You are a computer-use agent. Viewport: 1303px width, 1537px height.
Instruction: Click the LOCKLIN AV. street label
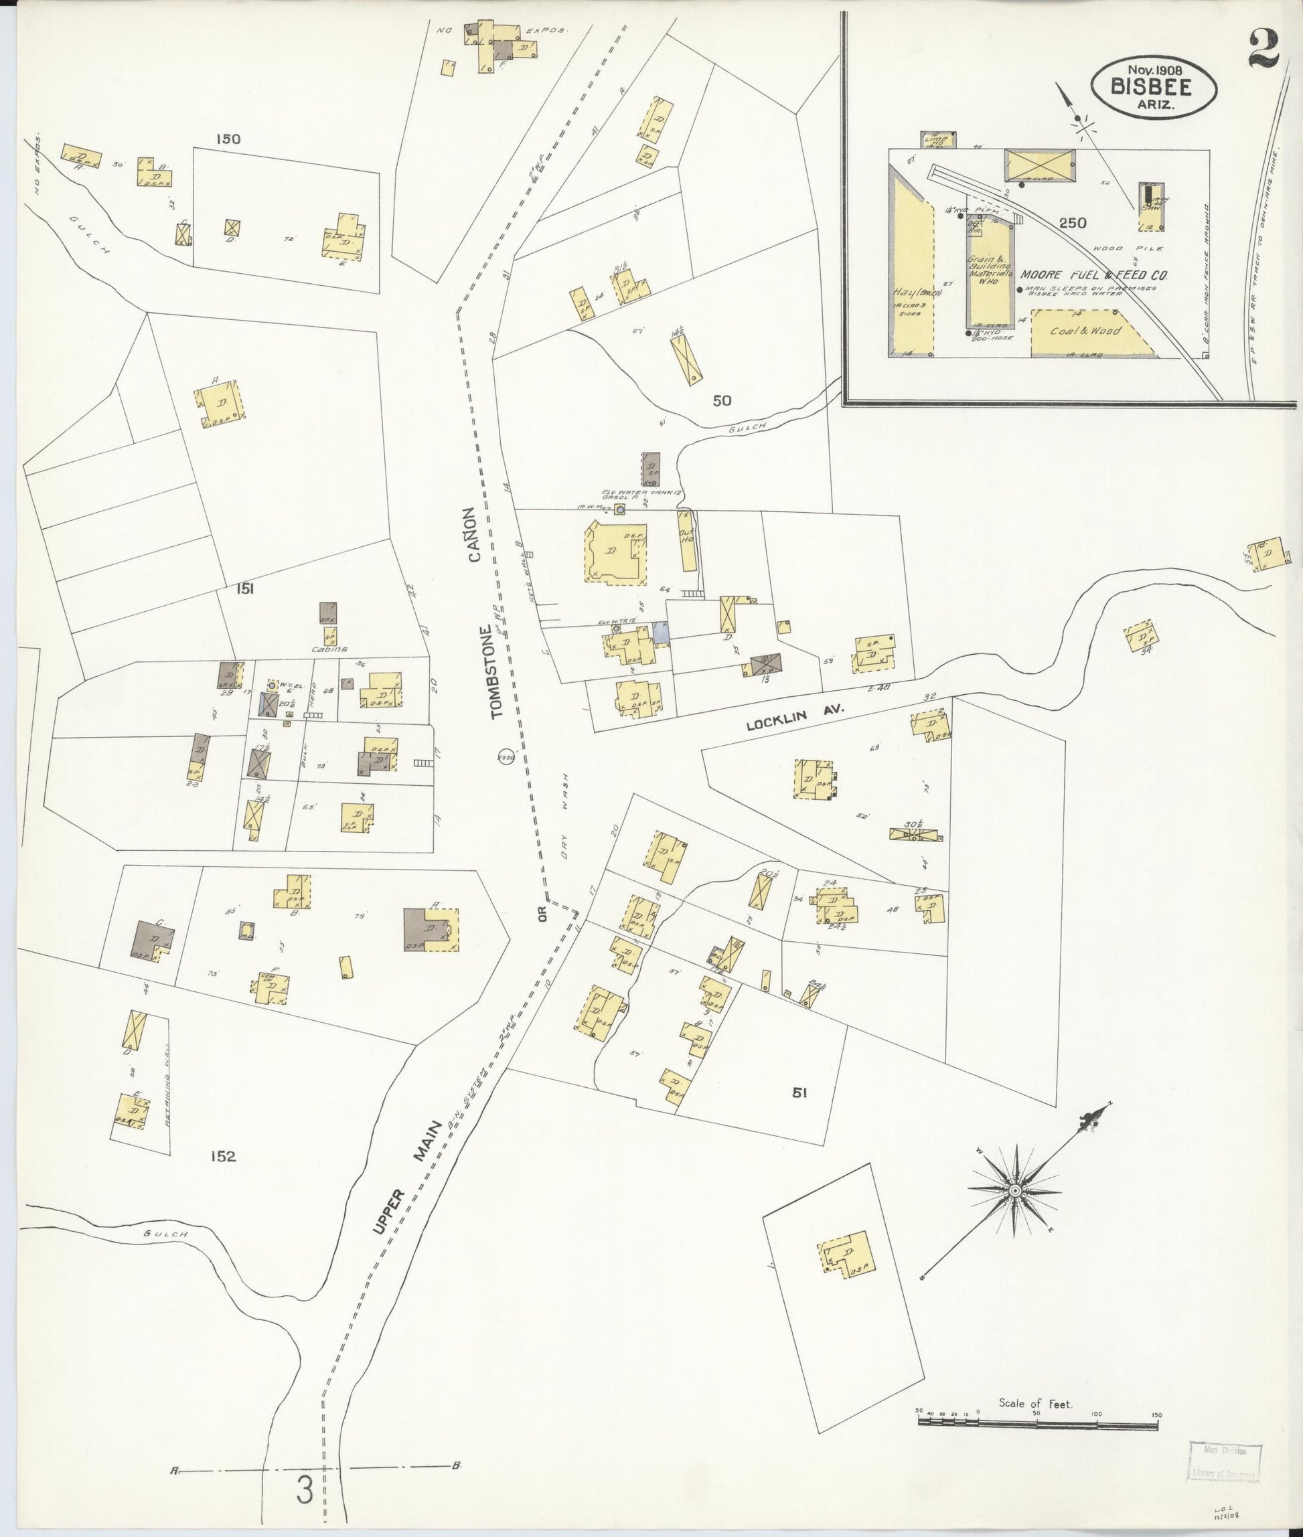(795, 716)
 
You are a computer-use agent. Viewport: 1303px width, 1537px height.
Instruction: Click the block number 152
(222, 1156)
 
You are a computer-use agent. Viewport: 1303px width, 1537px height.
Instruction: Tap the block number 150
(228, 138)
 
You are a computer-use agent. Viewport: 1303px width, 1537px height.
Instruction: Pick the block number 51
(799, 1093)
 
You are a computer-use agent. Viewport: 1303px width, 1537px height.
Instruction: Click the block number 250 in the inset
(1072, 222)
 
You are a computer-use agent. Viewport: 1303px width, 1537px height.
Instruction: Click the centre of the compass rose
(1015, 1191)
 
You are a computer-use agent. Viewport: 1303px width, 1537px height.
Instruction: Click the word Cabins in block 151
(329, 649)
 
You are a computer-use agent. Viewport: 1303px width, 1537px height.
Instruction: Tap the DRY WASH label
(565, 816)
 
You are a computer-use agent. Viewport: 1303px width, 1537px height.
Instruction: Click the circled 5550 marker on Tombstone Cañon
(506, 758)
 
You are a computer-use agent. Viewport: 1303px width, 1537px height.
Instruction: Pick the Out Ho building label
(688, 538)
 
